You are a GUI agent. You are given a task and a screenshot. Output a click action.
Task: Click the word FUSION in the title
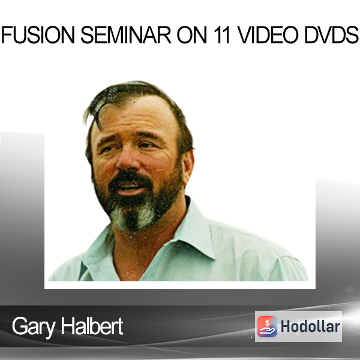(38, 35)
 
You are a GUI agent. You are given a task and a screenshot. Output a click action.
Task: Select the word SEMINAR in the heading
(126, 35)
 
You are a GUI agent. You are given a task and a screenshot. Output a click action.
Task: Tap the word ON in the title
(192, 35)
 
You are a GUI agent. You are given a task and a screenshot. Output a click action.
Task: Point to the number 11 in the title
(221, 35)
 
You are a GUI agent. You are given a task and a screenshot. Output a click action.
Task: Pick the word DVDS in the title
(331, 35)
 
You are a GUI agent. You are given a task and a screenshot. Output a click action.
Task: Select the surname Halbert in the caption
(92, 326)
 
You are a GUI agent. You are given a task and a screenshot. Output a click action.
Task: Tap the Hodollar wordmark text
(310, 326)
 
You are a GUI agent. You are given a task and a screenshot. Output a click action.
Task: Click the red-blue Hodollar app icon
(267, 326)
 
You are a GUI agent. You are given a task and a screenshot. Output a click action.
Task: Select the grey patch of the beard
(133, 216)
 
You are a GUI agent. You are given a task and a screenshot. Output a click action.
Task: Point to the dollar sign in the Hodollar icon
(267, 323)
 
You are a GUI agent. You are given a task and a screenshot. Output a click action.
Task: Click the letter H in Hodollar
(286, 326)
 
